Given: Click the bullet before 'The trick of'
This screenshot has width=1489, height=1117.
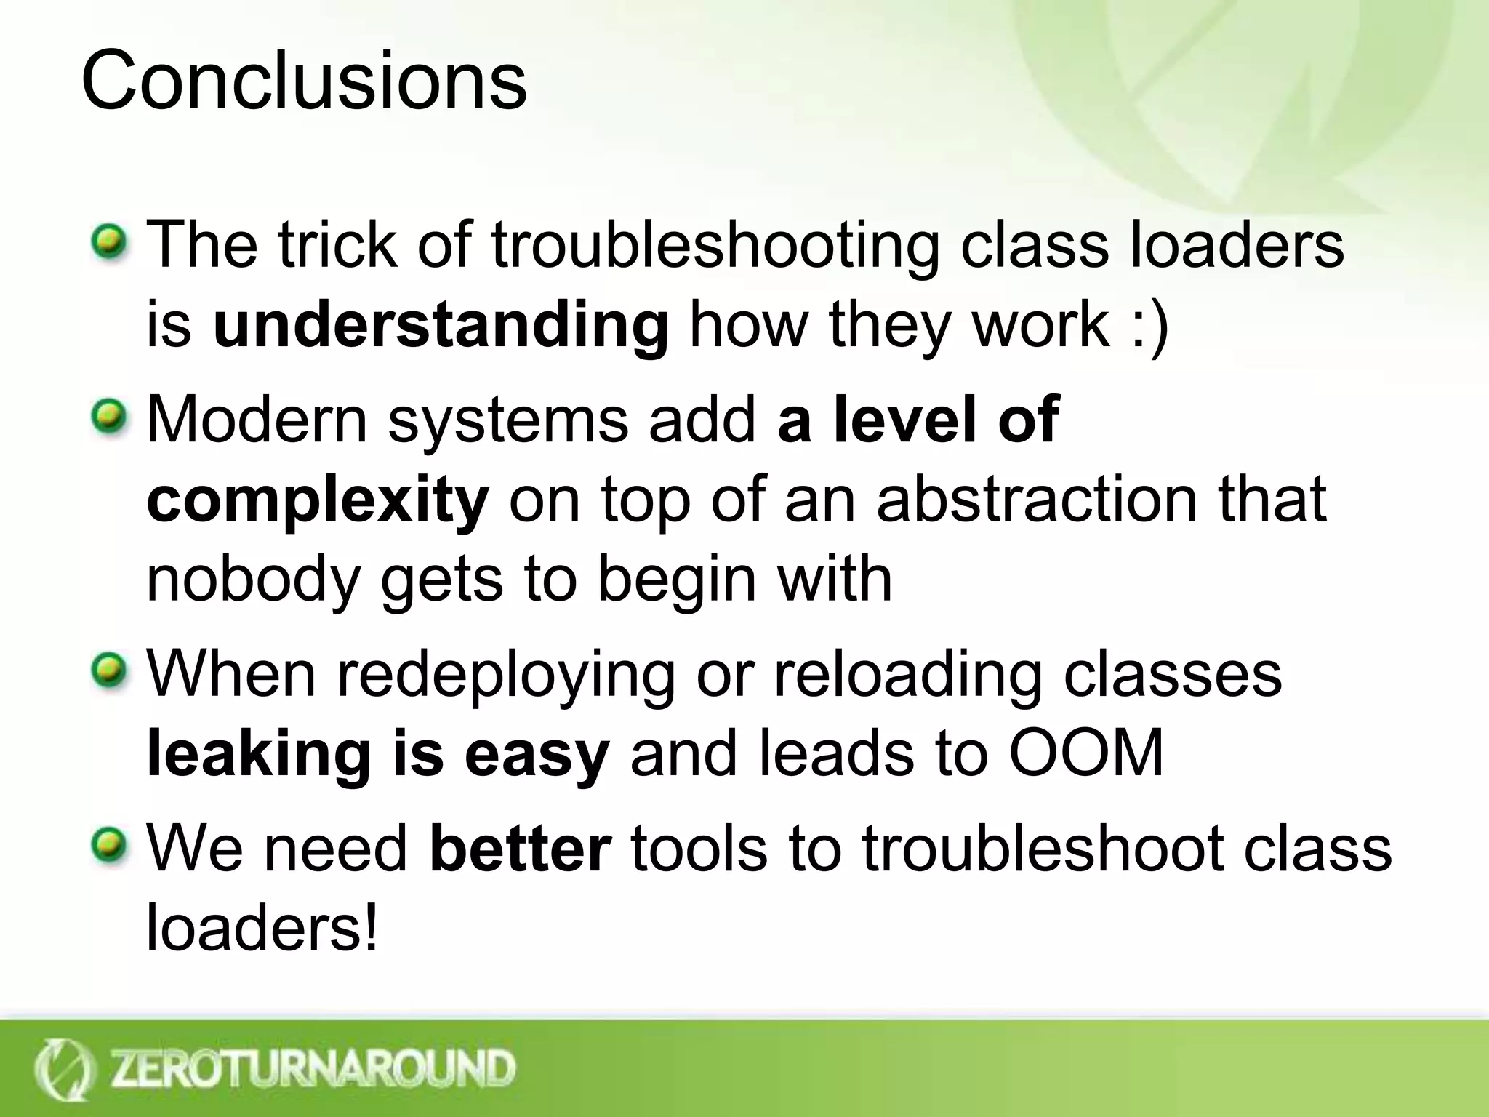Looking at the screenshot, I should pos(110,240).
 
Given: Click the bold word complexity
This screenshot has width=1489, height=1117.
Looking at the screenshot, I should pos(318,502).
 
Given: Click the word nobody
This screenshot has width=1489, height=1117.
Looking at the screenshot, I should pos(254,580).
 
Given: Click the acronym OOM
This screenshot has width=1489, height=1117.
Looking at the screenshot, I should pos(1086,753).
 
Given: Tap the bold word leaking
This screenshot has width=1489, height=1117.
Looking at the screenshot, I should pos(259,755).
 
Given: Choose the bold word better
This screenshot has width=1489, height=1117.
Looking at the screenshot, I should pos(521,849).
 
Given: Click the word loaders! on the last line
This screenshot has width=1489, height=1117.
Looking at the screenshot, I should pos(262,928).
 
